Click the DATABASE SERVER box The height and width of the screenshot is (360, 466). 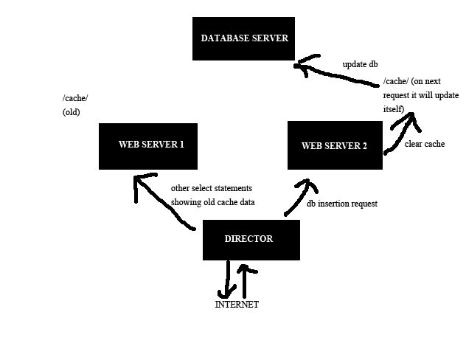click(243, 39)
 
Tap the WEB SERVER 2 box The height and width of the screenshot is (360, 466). click(334, 146)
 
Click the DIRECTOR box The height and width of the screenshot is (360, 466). click(251, 239)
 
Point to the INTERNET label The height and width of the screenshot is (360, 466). click(237, 305)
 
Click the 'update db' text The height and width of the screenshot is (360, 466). click(360, 64)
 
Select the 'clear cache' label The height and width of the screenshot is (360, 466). click(425, 144)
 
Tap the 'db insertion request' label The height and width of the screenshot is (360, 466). click(342, 204)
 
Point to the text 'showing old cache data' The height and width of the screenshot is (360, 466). click(212, 201)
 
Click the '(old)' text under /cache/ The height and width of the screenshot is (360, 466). click(71, 112)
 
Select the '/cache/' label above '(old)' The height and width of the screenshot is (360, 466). click(75, 98)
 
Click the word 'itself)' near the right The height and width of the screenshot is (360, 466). click(394, 108)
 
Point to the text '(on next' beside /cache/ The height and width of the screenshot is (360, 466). click(432, 82)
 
